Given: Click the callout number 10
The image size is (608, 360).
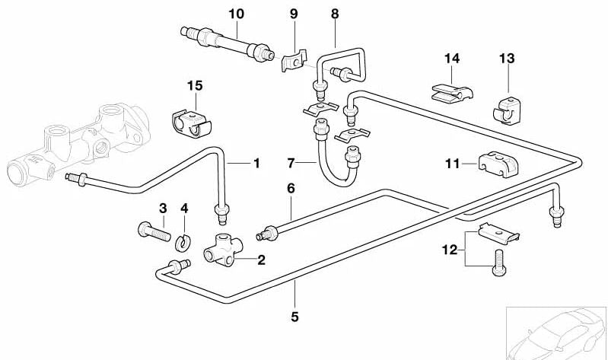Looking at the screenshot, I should (236, 13).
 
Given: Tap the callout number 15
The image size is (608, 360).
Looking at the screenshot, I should (197, 86).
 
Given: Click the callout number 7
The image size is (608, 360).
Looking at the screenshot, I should (291, 162).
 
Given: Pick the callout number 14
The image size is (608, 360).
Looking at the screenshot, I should (452, 58).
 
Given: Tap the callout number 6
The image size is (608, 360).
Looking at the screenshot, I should (290, 188).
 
